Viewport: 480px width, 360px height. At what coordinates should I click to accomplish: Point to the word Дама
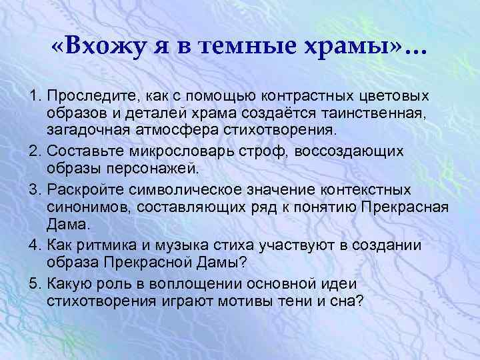tap(65, 221)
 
